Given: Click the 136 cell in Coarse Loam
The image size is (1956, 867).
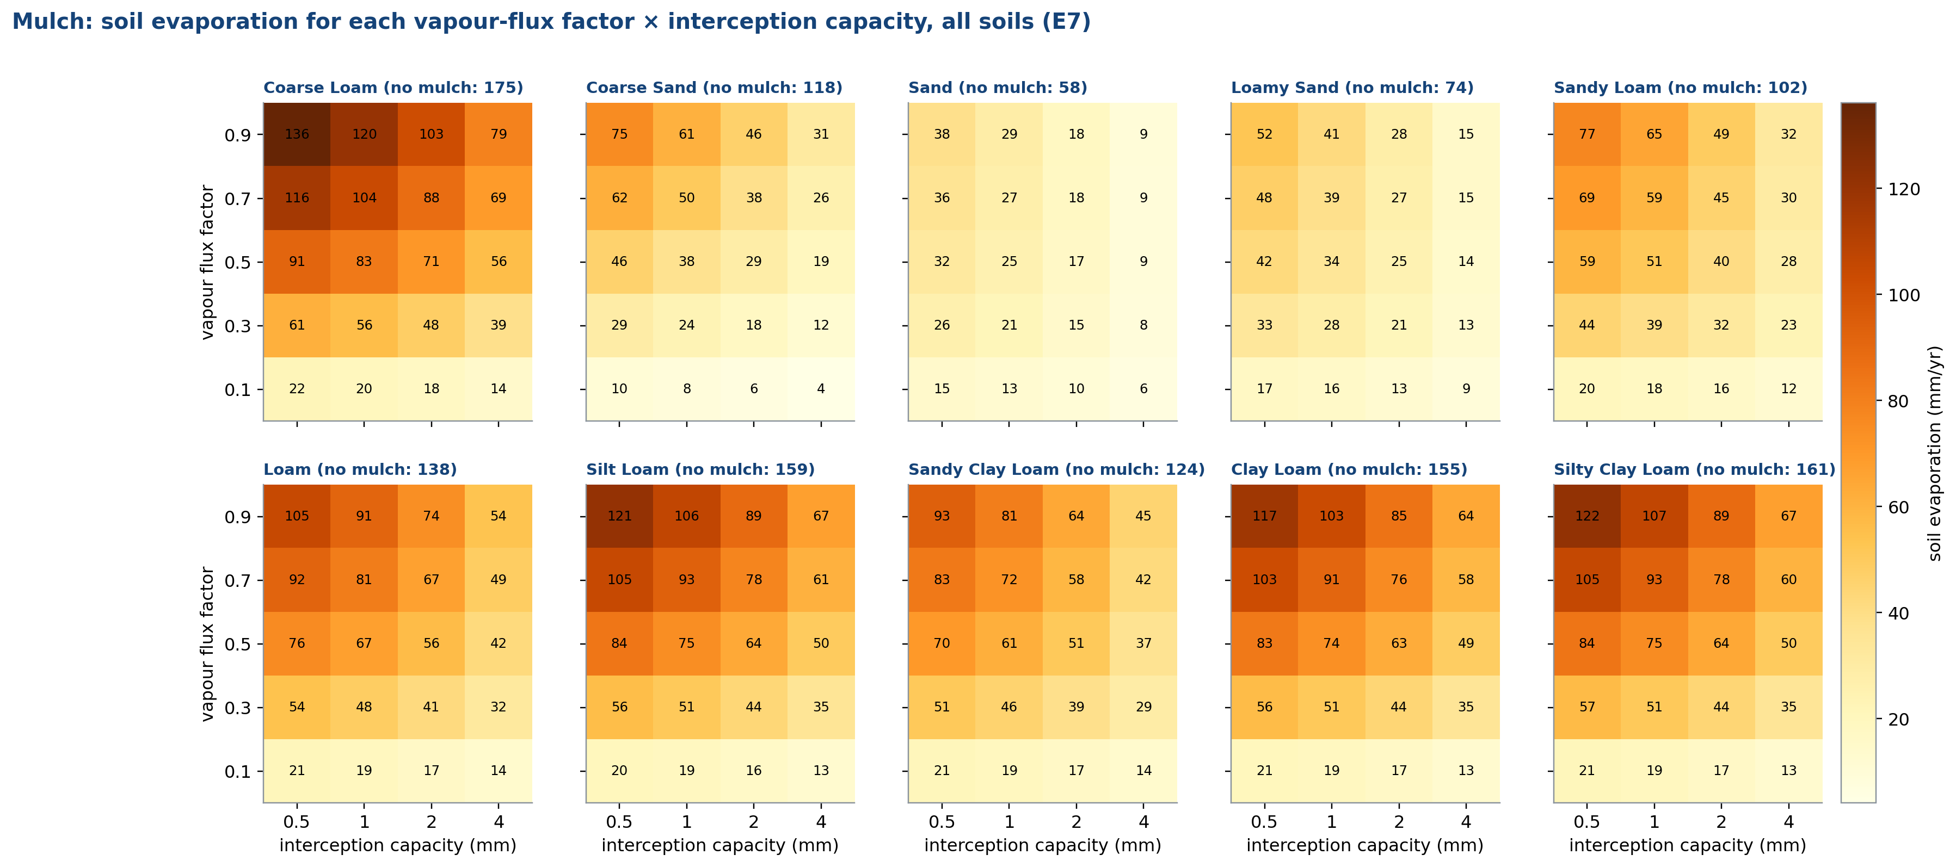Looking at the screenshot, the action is pos(297,134).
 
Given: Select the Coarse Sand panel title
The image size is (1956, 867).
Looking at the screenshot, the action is pos(713,88).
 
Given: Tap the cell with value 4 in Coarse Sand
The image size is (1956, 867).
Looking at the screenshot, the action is pos(821,389).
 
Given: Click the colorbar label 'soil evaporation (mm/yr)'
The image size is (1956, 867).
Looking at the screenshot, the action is pos(1935,453).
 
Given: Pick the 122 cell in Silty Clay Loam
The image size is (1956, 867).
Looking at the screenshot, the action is pos(1587,516).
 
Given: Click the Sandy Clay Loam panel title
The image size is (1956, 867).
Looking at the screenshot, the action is pos(1056,470).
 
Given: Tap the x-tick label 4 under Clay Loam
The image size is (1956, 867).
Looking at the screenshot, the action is pos(1466,822).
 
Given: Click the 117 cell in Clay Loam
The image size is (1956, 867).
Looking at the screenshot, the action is pos(1264,516).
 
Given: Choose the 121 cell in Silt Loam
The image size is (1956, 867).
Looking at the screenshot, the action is pos(619,516).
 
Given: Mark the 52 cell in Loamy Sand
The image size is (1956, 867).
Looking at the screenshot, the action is pos(1264,134).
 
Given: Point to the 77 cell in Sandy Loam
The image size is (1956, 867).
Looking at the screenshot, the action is pos(1587,134).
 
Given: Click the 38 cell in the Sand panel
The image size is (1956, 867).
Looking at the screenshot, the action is pos(942,134).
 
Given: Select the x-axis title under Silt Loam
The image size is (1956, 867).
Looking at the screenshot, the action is pos(720,846).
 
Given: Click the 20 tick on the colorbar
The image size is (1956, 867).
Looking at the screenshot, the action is pos(1898,720).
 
